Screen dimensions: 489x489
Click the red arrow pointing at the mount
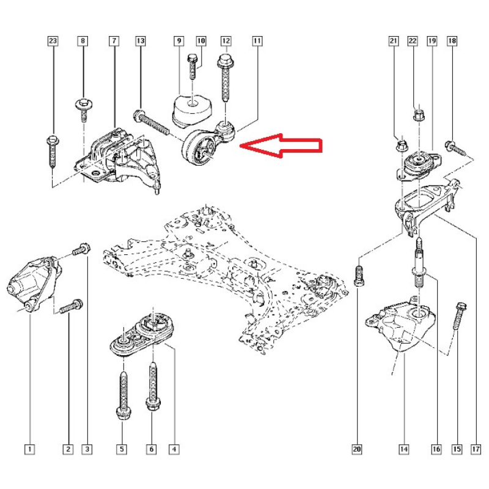[281, 145]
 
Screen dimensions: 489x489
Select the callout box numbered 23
[53, 41]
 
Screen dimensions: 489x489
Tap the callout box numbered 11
[257, 41]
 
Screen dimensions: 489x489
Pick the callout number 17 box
[476, 449]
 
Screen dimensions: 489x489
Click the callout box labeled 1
[29, 449]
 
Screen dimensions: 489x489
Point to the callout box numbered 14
[403, 449]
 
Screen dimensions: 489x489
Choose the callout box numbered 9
[178, 41]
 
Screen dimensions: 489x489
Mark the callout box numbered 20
[357, 449]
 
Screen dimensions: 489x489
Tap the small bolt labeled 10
[193, 67]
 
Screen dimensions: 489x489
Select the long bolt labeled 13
[152, 122]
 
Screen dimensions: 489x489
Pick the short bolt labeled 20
[359, 276]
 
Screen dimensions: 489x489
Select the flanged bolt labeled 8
[84, 109]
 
